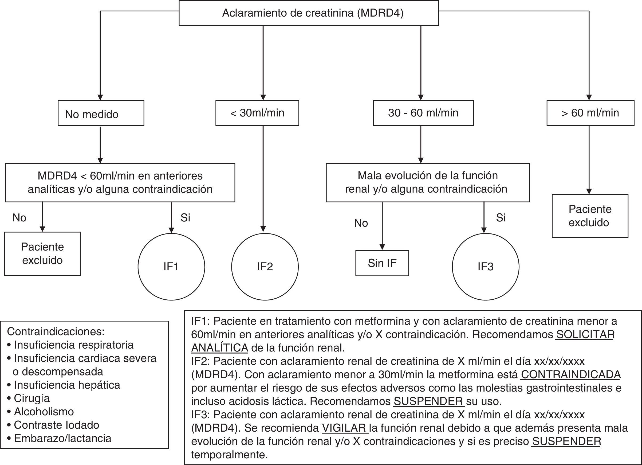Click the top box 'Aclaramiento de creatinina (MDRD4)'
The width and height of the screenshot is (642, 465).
click(309, 13)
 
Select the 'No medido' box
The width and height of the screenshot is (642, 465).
click(101, 113)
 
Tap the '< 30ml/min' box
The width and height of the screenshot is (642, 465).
click(257, 113)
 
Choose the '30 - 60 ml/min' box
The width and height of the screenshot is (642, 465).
click(423, 113)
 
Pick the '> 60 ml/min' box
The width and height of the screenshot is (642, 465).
click(590, 113)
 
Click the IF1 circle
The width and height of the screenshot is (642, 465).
click(171, 267)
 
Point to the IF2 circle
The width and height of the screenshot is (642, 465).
click(265, 267)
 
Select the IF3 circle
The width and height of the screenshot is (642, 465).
click(486, 267)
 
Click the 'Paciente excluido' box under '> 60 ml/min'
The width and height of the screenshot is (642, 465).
click(590, 216)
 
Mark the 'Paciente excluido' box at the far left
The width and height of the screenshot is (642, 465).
click(42, 253)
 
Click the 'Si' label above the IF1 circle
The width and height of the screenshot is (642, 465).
click(186, 217)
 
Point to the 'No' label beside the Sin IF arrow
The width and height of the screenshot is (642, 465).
click(361, 223)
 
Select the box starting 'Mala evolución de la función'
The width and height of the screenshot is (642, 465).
click(427, 182)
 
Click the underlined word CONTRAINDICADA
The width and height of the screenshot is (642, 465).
click(571, 374)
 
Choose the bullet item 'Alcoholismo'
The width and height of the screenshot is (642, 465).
click(44, 412)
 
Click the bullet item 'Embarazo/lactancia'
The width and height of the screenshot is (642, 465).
click(62, 438)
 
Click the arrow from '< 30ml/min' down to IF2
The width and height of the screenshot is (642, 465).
click(263, 178)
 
